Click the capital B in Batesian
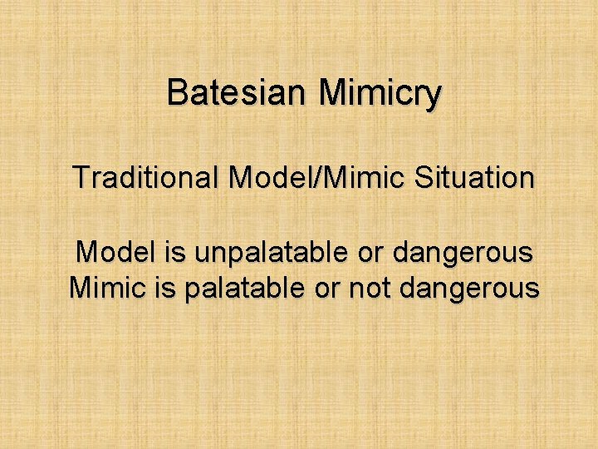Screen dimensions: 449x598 click(x=177, y=92)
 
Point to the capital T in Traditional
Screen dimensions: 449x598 click(x=80, y=177)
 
